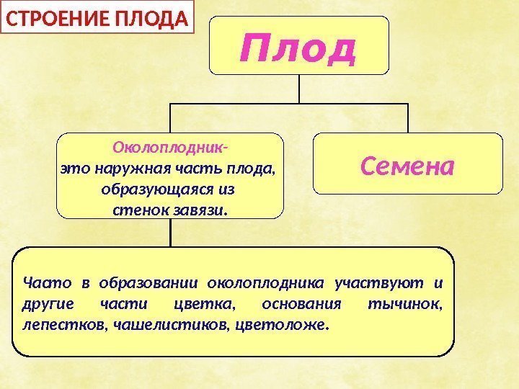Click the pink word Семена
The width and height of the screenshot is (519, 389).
407,166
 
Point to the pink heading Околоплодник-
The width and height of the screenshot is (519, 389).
170,150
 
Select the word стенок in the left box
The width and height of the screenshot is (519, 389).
140,211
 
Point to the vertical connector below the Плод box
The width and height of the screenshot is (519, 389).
299,89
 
